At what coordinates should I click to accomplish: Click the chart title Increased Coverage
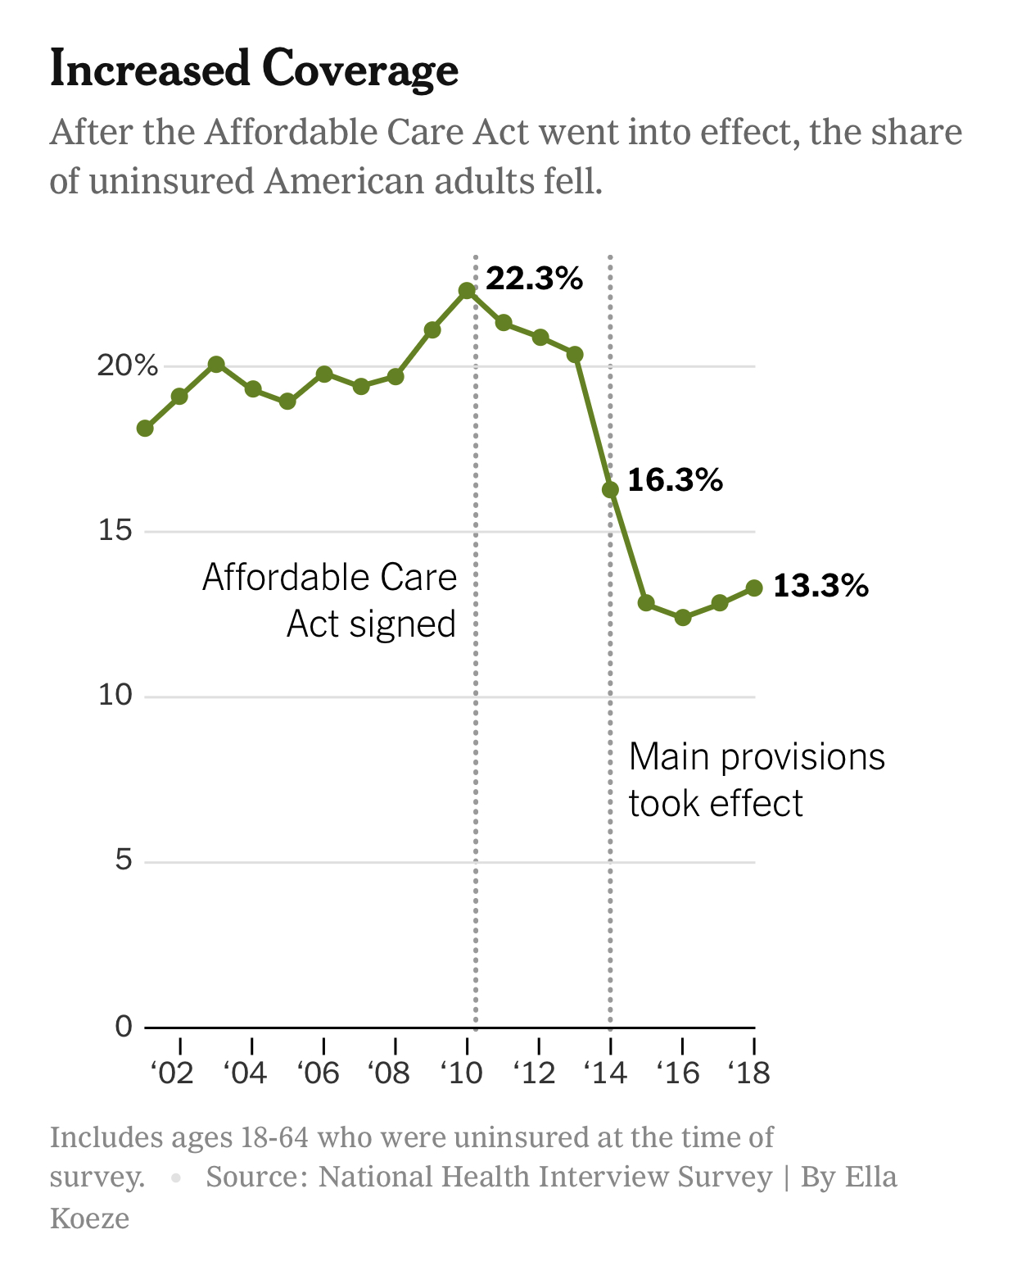(x=254, y=69)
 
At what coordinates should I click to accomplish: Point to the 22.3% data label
(x=534, y=279)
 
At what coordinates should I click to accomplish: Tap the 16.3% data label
(x=675, y=480)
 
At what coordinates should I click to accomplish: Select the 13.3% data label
(x=820, y=586)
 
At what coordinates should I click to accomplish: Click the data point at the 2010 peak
(x=467, y=291)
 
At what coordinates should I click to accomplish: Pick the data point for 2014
(x=610, y=490)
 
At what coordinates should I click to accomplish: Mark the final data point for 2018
(x=754, y=588)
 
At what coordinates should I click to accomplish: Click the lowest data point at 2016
(x=683, y=617)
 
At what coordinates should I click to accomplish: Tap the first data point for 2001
(x=145, y=428)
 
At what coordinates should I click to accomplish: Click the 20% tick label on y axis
(x=128, y=365)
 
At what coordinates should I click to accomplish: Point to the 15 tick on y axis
(x=115, y=531)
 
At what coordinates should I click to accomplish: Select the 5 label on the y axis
(x=124, y=860)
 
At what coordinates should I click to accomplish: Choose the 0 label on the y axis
(x=124, y=1026)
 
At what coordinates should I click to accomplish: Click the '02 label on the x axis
(x=173, y=1073)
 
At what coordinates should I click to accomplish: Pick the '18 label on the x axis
(x=749, y=1073)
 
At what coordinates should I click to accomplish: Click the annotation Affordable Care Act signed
(x=329, y=601)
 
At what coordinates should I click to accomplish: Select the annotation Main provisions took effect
(x=756, y=780)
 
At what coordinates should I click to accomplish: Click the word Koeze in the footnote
(x=90, y=1218)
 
